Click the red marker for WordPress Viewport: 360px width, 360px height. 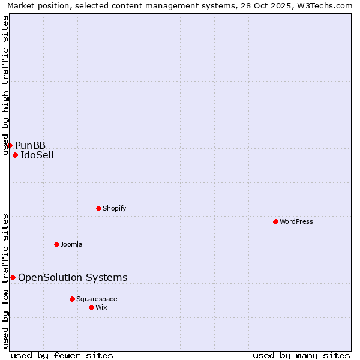pyautogui.click(x=275, y=221)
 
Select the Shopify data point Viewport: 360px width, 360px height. pyautogui.click(x=98, y=208)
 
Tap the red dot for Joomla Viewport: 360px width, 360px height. pyautogui.click(x=56, y=244)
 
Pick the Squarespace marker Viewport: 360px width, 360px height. pyautogui.click(x=72, y=299)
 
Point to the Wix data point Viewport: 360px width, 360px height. pyautogui.click(x=91, y=307)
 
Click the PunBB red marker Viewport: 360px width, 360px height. pyautogui.click(x=10, y=145)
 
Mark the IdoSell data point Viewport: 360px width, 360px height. pyautogui.click(x=15, y=155)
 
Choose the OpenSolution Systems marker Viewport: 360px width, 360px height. pyautogui.click(x=13, y=277)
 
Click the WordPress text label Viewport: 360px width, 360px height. pyautogui.click(x=296, y=221)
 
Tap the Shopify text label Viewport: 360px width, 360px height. pyautogui.click(x=114, y=208)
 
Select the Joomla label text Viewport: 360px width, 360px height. pyautogui.click(x=71, y=244)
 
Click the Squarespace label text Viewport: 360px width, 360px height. pyautogui.click(x=97, y=299)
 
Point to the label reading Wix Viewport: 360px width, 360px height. pyautogui.click(x=101, y=307)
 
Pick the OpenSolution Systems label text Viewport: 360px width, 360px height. pyautogui.click(x=73, y=277)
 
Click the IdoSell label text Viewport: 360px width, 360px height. pyautogui.click(x=37, y=155)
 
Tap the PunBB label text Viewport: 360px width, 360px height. pyautogui.click(x=31, y=145)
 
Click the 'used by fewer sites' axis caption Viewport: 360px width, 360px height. pyautogui.click(x=62, y=355)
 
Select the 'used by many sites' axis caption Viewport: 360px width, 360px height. pyautogui.click(x=301, y=355)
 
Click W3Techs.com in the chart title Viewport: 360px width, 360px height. pyautogui.click(x=328, y=6)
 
